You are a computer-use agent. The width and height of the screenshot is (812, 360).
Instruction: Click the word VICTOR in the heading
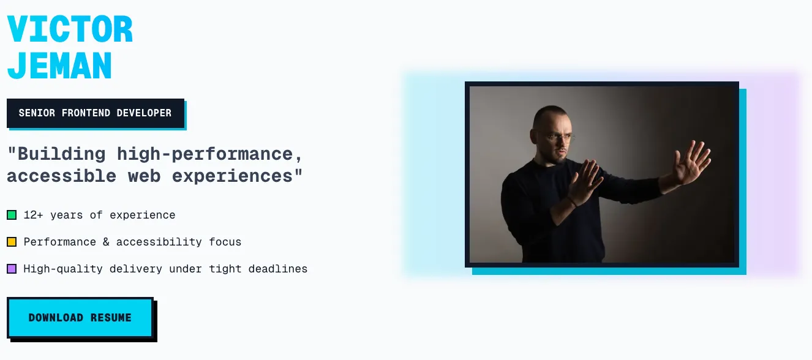(x=70, y=29)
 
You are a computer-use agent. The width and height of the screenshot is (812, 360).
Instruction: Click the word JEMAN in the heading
(x=59, y=65)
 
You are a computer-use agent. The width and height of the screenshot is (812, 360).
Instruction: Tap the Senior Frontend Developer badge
(x=95, y=113)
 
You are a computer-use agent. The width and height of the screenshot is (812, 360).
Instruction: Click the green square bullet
(x=12, y=215)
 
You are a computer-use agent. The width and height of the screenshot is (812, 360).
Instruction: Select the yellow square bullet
(x=12, y=242)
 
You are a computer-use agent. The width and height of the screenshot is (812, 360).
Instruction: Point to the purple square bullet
(x=12, y=269)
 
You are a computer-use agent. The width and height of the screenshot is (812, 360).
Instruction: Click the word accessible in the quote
(x=61, y=176)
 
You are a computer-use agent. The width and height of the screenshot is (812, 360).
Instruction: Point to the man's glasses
(x=562, y=138)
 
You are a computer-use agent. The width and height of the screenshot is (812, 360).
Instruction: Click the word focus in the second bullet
(x=225, y=242)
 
